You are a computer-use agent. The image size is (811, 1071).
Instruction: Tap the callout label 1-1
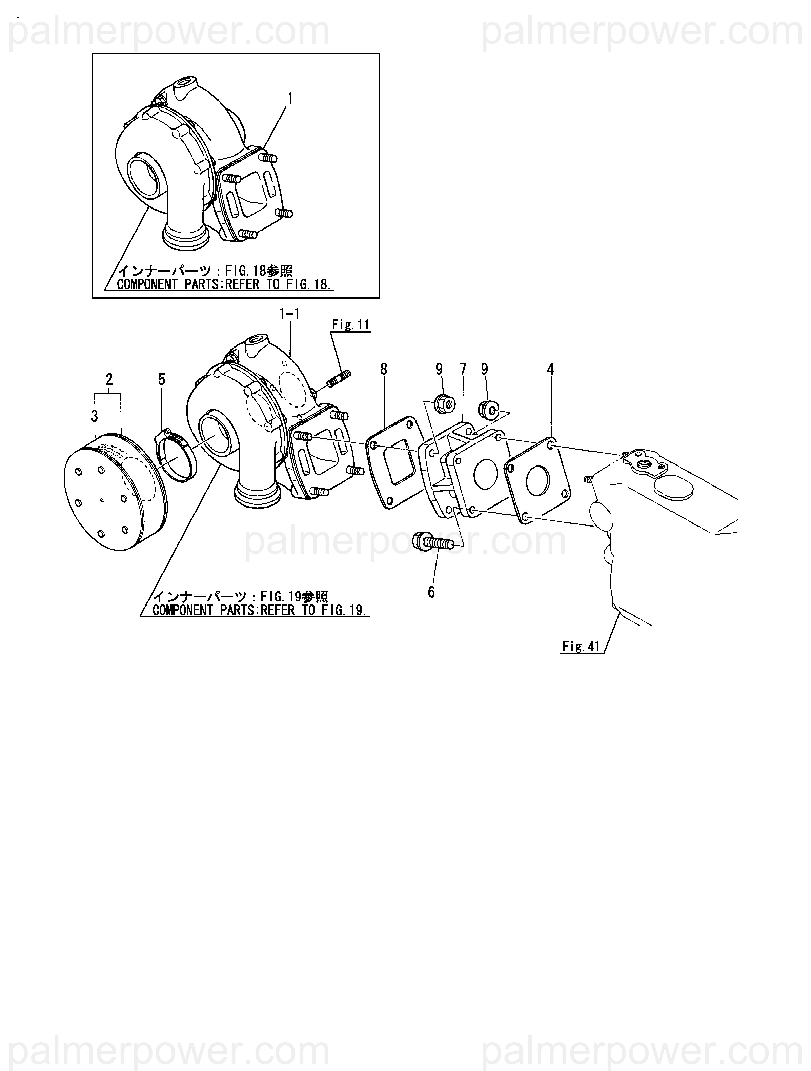289,314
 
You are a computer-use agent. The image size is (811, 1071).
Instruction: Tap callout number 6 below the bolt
431,592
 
